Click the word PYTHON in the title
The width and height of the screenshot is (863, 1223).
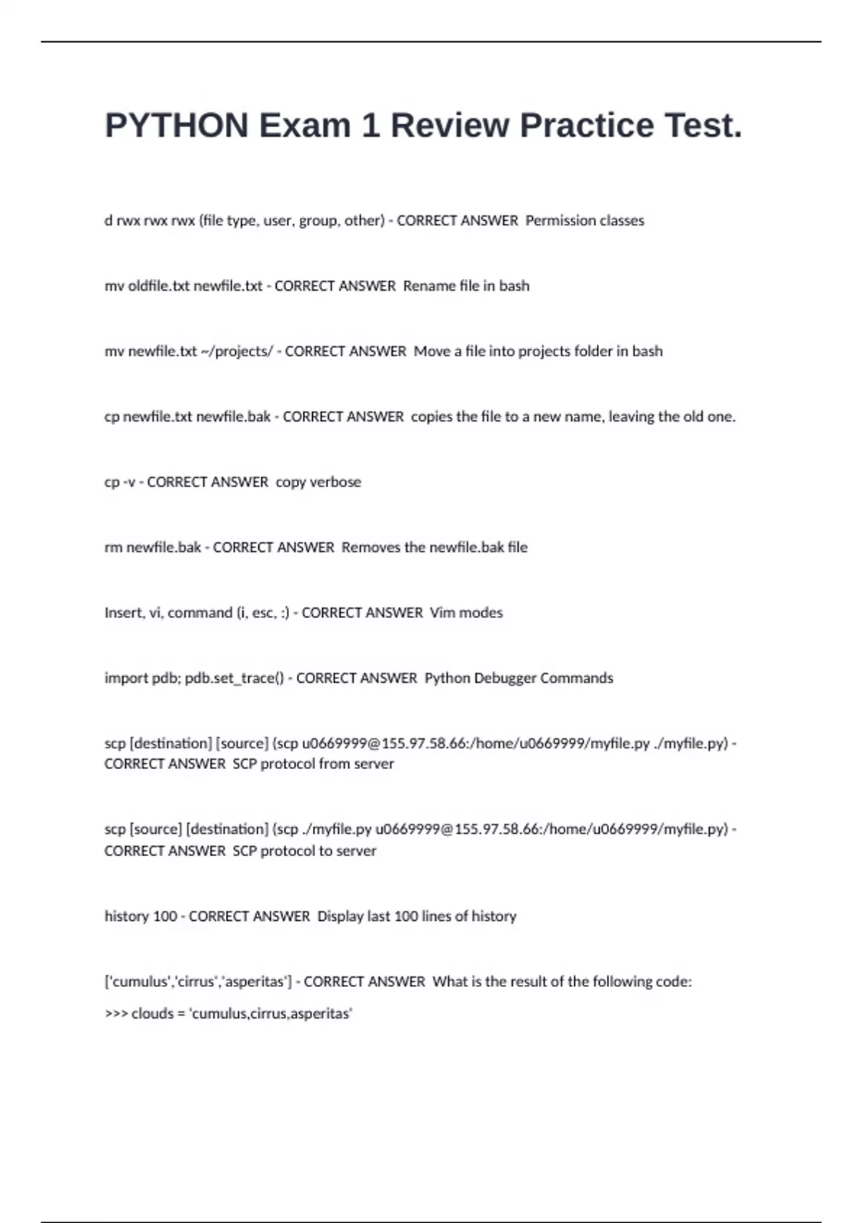pyautogui.click(x=176, y=126)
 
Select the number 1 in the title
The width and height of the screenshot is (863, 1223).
pyautogui.click(x=370, y=126)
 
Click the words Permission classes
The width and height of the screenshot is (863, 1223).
pyautogui.click(x=585, y=220)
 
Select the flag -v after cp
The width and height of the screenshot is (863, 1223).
pyautogui.click(x=129, y=482)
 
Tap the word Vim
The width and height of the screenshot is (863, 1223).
pyautogui.click(x=442, y=613)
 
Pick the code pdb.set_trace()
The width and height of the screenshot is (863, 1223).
pyautogui.click(x=234, y=678)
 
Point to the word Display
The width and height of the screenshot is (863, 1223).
pyautogui.click(x=340, y=916)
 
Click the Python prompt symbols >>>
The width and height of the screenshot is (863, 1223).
pyautogui.click(x=116, y=1014)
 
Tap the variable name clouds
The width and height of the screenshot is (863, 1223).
pyautogui.click(x=152, y=1014)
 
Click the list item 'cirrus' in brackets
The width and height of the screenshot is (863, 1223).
pyautogui.click(x=196, y=981)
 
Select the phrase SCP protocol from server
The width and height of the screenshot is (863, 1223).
pyautogui.click(x=313, y=764)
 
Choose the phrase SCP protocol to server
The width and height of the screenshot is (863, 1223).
pyautogui.click(x=304, y=851)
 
